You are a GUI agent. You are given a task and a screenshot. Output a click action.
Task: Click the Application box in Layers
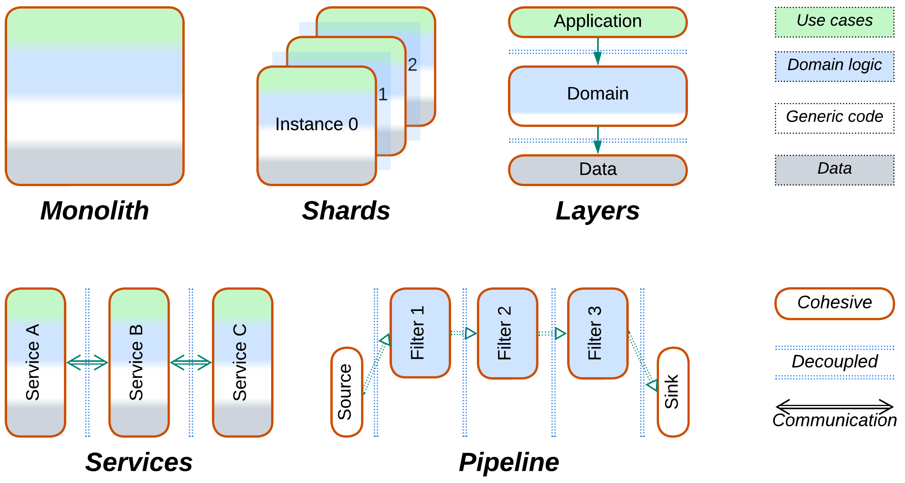[598, 22]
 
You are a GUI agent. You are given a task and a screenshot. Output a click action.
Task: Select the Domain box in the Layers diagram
[598, 96]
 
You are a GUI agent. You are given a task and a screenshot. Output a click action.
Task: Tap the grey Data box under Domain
[598, 170]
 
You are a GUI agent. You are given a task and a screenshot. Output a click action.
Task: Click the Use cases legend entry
[834, 22]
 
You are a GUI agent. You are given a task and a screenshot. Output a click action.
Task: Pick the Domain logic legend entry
[834, 66]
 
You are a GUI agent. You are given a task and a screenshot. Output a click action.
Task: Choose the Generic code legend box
[834, 118]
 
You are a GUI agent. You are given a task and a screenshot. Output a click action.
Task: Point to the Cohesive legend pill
[834, 303]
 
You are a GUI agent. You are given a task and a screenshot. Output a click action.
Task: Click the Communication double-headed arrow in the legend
[834, 406]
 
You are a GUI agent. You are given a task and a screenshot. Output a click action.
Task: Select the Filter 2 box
[507, 333]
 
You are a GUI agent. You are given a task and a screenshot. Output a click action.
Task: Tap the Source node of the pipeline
[347, 392]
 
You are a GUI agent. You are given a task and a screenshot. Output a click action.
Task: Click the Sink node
[673, 392]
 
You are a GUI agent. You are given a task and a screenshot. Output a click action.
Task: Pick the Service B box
[139, 362]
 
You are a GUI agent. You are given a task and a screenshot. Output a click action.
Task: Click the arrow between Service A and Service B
[87, 362]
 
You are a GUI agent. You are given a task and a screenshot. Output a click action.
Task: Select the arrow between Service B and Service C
[191, 362]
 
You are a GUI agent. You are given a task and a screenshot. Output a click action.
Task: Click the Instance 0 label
[317, 124]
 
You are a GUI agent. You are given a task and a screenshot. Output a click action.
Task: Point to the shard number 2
[412, 65]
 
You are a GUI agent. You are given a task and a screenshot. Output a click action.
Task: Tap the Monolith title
[95, 211]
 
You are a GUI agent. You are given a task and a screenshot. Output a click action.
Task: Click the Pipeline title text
[509, 462]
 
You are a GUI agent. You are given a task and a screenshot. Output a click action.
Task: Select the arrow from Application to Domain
[598, 52]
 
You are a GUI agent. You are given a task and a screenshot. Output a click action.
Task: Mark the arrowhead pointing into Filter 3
[560, 333]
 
